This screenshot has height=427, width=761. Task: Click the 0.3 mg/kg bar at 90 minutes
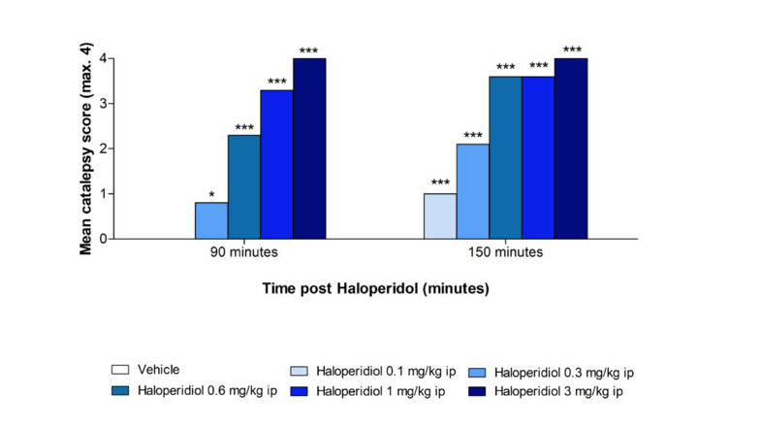point(211,220)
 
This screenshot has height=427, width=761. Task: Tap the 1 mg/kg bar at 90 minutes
point(277,164)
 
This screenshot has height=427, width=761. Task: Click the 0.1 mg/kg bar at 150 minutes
point(439,215)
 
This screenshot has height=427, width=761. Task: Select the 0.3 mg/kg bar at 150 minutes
point(472,191)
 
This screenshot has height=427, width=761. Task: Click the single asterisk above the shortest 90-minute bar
point(211,195)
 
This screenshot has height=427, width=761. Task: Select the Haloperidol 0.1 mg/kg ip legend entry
point(363,372)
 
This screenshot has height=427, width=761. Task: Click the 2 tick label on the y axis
point(104,148)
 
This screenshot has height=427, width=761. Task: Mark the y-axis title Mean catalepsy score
point(86,148)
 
